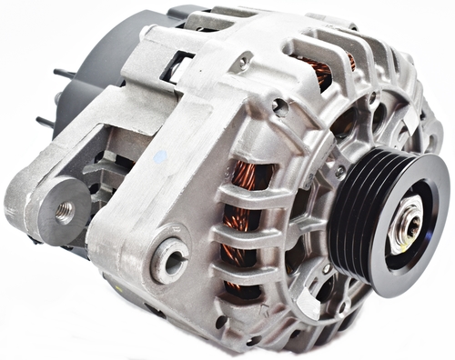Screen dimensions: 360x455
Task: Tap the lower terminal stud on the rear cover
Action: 45,121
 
